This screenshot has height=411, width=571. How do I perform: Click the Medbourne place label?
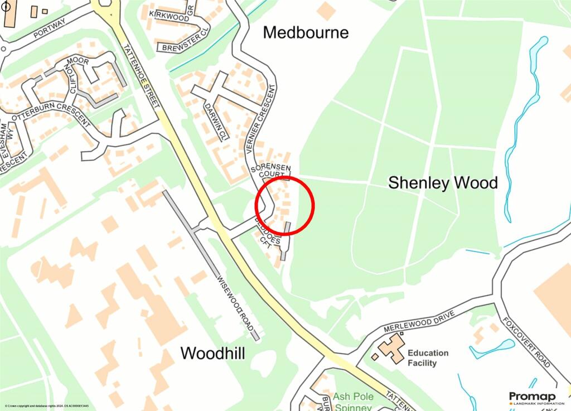click(x=306, y=32)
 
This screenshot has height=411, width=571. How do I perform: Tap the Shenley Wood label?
click(x=443, y=182)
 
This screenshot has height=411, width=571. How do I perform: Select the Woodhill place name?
click(x=212, y=353)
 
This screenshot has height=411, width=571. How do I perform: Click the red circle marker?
click(x=285, y=206)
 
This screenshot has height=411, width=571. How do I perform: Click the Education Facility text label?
click(x=428, y=358)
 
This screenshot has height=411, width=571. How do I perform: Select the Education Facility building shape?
click(x=391, y=348)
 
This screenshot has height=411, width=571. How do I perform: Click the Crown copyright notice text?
click(x=47, y=406)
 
